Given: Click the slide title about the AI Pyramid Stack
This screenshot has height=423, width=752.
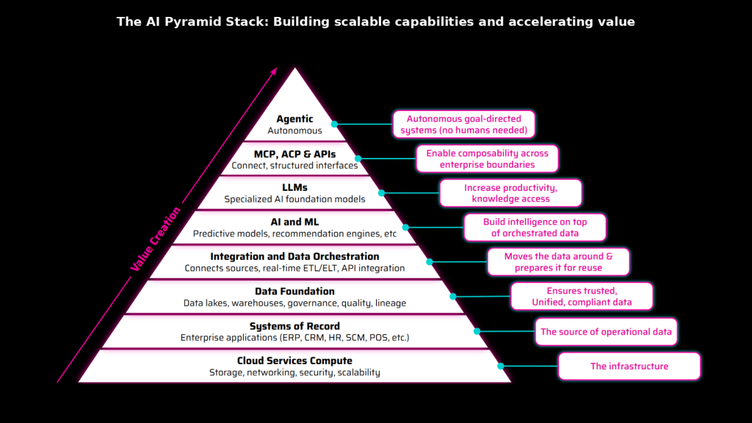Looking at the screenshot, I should click(375, 22).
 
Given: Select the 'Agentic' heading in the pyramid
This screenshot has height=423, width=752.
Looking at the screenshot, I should click(294, 119).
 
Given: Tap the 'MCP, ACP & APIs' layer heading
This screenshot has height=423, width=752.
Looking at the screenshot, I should click(294, 154).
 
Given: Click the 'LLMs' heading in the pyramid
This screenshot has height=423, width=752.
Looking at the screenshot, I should click(294, 188).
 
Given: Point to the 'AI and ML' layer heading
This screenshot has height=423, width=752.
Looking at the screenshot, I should click(294, 223).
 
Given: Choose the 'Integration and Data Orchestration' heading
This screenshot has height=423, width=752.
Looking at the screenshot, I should click(294, 257).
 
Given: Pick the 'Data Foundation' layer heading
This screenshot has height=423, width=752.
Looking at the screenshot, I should click(294, 292).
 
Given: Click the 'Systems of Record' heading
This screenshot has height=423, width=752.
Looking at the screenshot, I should click(294, 326).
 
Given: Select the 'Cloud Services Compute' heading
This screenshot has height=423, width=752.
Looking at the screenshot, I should click(294, 361).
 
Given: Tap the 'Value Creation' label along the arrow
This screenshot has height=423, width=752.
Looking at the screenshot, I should click(155, 239).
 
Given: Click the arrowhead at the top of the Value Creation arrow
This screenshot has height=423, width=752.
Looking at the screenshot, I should click(275, 70).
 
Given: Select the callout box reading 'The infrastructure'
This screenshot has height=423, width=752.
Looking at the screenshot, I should click(629, 366).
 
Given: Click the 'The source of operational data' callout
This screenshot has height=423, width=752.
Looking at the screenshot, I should click(606, 332).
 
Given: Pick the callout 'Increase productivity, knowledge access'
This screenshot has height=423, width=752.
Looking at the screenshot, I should click(510, 193).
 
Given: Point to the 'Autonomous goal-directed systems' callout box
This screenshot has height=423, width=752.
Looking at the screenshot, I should click(463, 124).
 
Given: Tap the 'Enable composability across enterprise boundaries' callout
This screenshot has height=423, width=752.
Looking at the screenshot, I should click(487, 159).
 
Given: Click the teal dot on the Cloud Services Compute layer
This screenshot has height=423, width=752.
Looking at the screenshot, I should click(501, 366).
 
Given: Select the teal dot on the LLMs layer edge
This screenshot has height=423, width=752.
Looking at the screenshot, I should click(382, 193).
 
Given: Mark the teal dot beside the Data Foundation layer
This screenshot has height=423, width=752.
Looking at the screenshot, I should click(453, 297).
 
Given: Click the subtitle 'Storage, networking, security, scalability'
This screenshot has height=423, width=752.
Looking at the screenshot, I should click(294, 373).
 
